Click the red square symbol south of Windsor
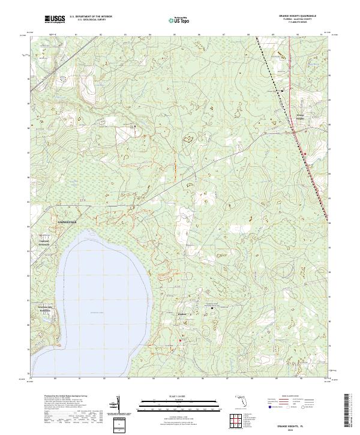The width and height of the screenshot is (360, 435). click(x=180, y=340)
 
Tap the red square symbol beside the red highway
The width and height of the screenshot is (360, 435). click(x=305, y=154)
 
